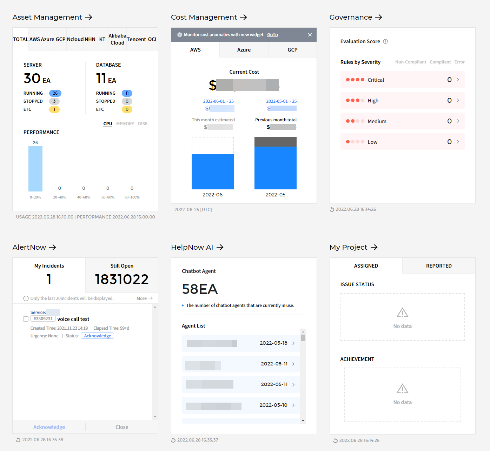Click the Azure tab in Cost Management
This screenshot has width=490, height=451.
tap(244, 50)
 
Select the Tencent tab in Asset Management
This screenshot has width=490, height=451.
tap(136, 39)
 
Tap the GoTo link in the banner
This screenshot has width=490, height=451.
tap(272, 35)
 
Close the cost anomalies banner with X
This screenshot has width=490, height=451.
tap(310, 35)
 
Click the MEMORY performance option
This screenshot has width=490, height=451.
tap(125, 124)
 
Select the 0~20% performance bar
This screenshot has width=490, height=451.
tap(35, 169)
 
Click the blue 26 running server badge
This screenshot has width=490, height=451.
tap(55, 93)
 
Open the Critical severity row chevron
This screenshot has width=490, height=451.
tap(458, 80)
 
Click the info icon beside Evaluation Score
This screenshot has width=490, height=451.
tap(385, 41)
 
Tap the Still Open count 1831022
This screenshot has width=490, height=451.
tap(122, 279)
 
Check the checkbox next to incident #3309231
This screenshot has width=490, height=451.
tap(26, 319)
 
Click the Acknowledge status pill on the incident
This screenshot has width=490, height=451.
tap(97, 336)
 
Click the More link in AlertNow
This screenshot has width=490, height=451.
tap(144, 298)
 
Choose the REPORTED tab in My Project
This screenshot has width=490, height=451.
tap(439, 266)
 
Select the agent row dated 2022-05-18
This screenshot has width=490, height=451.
tap(241, 343)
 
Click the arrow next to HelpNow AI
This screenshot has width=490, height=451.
tap(220, 247)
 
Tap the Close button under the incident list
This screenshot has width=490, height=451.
tap(122, 427)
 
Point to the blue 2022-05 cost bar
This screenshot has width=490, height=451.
tap(276, 168)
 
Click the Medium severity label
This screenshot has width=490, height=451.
tap(377, 121)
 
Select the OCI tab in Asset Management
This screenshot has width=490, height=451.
tap(152, 39)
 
